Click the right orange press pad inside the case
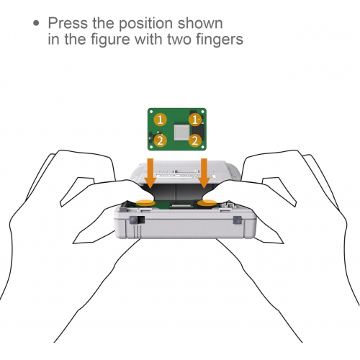pos(210,202)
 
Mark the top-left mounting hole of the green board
pos(153,112)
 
